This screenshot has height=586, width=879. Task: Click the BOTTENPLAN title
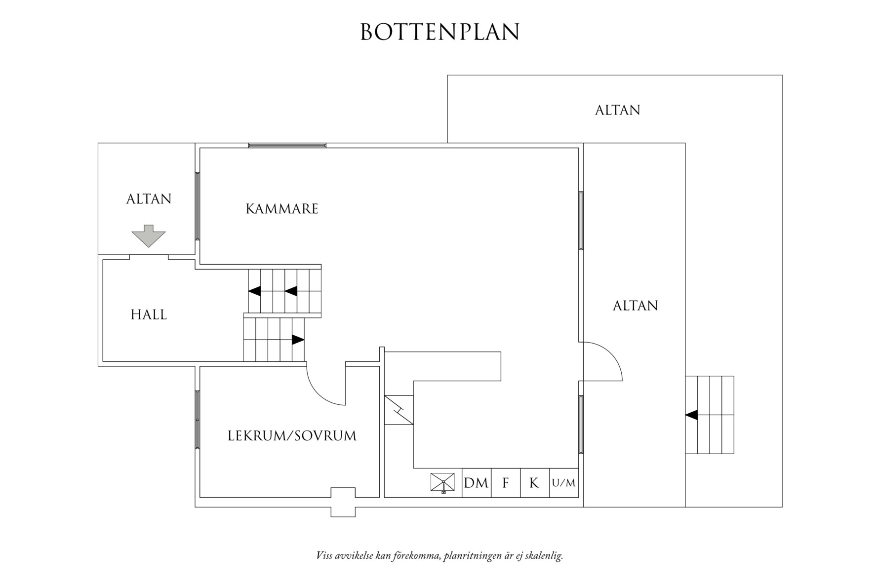439,32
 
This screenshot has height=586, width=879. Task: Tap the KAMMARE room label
282,209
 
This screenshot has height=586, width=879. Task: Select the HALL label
149,314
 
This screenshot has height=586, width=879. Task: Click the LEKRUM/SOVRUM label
292,436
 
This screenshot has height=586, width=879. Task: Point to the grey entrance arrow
148,235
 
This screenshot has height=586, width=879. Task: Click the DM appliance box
476,483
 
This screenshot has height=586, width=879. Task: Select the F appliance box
505,483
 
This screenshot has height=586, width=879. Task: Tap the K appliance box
534,483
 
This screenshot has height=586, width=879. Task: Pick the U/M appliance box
563,483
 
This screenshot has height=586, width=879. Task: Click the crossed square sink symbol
442,482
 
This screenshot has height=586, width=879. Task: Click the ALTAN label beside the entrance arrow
149,199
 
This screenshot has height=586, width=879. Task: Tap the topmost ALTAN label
617,110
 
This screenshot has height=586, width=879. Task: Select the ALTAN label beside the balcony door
635,306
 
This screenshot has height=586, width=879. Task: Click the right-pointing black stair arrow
298,340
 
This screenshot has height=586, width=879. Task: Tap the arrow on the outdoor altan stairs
692,415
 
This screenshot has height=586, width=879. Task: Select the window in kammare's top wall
287,145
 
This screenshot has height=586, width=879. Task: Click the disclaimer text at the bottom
439,556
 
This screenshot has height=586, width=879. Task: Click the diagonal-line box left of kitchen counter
399,410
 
